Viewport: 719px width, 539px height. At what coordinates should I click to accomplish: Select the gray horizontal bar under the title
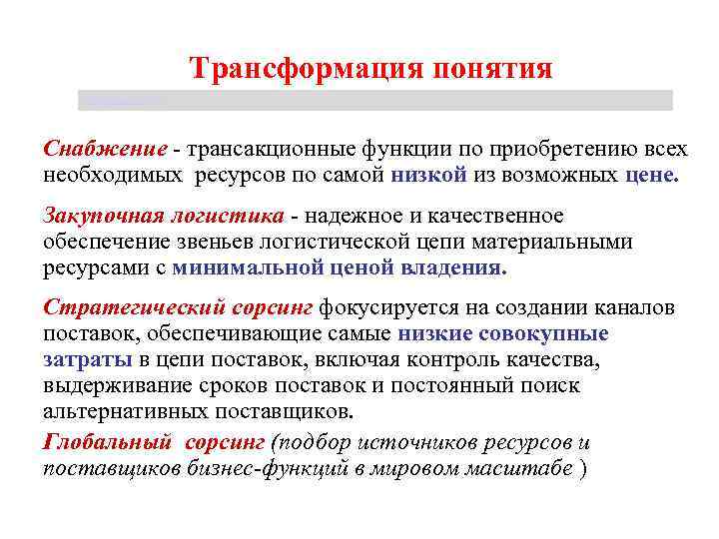374,100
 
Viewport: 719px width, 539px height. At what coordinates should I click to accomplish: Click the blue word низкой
428,175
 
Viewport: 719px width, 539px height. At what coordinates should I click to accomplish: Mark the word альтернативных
129,411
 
